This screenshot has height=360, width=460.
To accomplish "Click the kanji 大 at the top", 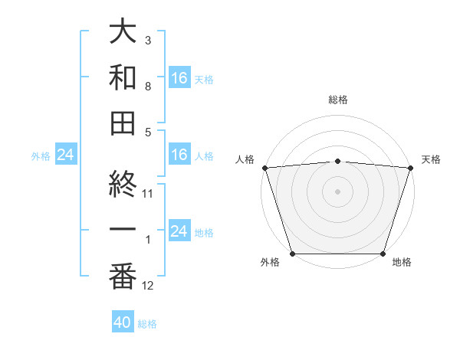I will (123, 32).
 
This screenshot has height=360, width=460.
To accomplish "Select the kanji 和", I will (123, 77).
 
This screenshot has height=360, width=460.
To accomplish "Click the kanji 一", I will (123, 231).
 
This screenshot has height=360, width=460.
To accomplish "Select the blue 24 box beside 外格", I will (65, 155).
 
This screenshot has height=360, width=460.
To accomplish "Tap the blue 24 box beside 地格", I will (179, 231).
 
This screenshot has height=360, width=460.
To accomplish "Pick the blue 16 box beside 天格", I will (179, 78).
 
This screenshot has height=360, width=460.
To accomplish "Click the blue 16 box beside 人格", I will (179, 155).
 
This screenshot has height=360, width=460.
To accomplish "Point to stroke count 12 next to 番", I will (149, 286).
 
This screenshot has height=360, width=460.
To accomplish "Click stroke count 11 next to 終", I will (149, 194).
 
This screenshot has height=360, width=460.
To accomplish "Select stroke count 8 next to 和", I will (148, 86).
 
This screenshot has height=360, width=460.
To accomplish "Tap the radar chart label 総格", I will (337, 100).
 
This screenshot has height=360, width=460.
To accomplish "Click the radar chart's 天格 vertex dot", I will (410, 168).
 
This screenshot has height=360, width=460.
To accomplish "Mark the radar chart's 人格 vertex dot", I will (264, 168).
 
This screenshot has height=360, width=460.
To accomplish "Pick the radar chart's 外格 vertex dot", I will (292, 254).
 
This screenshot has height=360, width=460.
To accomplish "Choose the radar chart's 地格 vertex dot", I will (383, 254).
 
